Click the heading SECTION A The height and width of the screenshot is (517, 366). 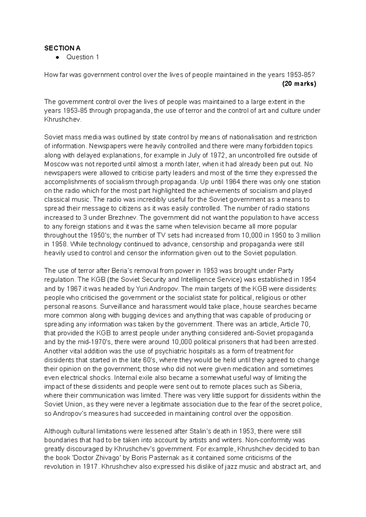[x=62, y=48]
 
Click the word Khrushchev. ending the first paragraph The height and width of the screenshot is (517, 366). [x=63, y=120]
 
